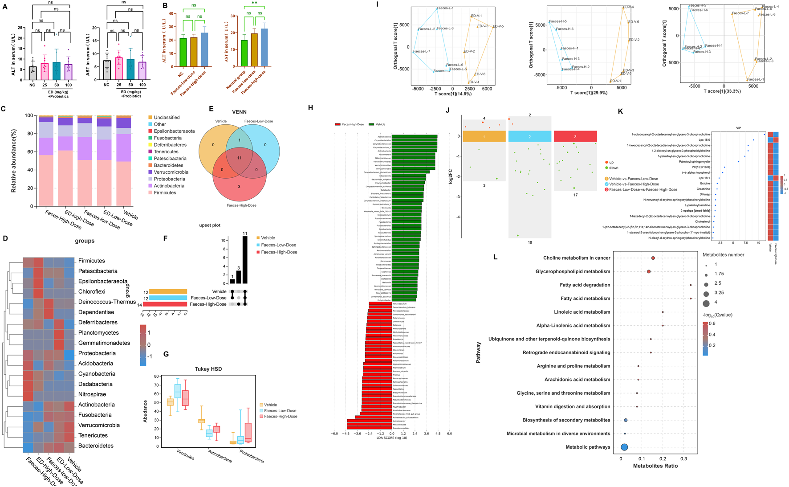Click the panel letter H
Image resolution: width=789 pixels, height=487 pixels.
pyautogui.click(x=310, y=108)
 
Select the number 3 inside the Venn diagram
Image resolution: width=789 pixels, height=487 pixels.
pyautogui.click(x=239, y=186)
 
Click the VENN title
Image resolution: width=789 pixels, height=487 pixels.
pyautogui.click(x=239, y=112)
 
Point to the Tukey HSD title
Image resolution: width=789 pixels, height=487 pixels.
pyautogui.click(x=208, y=369)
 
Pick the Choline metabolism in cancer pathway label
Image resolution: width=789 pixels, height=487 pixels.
pyautogui.click(x=576, y=258)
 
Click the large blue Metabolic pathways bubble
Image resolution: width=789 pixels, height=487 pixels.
pyautogui.click(x=624, y=447)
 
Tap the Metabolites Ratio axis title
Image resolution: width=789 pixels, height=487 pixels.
pyautogui.click(x=655, y=466)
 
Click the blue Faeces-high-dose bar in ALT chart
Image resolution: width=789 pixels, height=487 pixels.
pyautogui.click(x=204, y=49)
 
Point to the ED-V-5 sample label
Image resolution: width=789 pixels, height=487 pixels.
pyautogui.click(x=498, y=26)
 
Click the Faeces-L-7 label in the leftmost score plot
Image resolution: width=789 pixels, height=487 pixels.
pyautogui.click(x=422, y=52)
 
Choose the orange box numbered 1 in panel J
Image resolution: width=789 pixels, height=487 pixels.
pyautogui.click(x=484, y=136)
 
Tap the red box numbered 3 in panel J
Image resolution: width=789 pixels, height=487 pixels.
pyautogui.click(x=575, y=136)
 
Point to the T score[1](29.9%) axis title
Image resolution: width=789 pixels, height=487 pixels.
pyautogui.click(x=589, y=93)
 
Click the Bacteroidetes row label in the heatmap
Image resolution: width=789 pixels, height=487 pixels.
pyautogui.click(x=96, y=446)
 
